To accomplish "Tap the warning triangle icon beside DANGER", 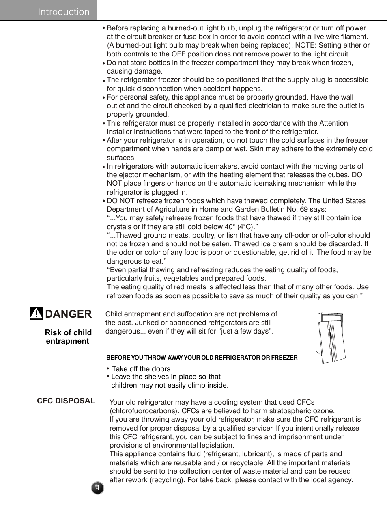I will [x=36, y=313].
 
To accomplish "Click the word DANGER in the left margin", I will [x=68, y=314].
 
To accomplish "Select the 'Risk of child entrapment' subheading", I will [x=68, y=337].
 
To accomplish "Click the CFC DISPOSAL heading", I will [x=66, y=401].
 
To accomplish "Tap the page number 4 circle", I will [x=97, y=488].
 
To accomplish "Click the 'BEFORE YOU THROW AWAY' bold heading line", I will [x=202, y=358].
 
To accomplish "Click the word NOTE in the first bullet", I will [x=305, y=45].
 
